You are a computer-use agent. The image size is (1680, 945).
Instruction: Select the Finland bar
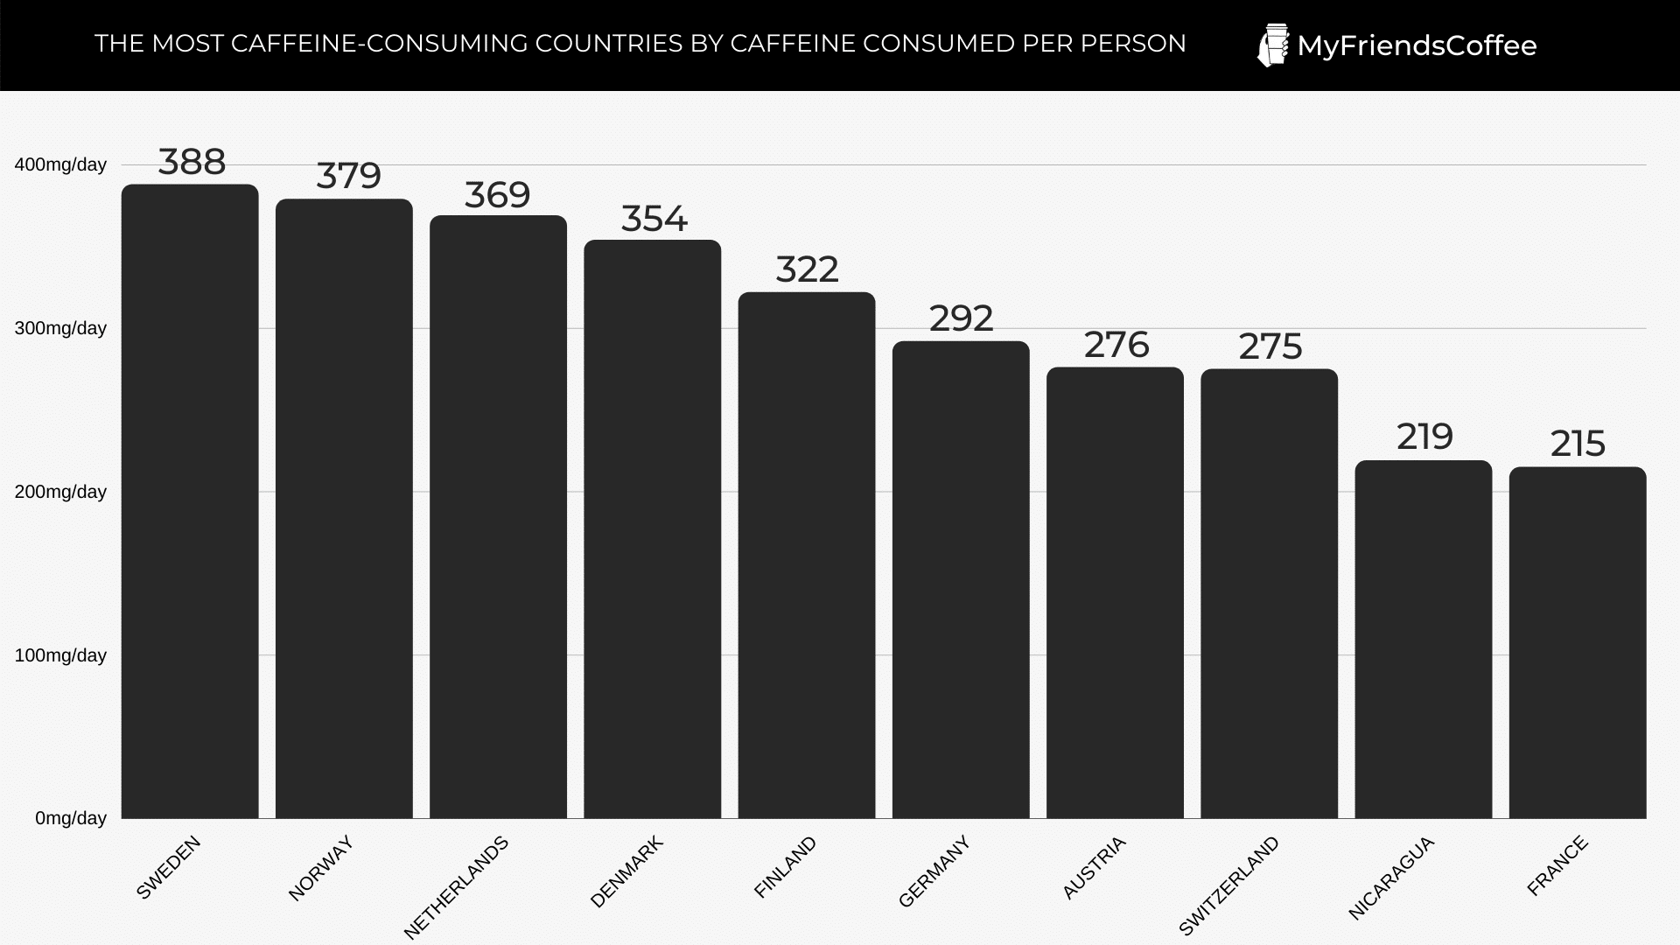pos(807,555)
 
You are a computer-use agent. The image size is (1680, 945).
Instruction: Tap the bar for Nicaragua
pos(1424,639)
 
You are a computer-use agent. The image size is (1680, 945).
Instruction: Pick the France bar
pos(1578,642)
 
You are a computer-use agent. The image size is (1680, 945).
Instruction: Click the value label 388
pos(192,162)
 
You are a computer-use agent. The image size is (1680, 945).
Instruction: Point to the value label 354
pos(654,219)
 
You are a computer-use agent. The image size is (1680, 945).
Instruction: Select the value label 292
pos(961,318)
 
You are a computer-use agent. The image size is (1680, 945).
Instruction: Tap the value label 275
pos(1270,346)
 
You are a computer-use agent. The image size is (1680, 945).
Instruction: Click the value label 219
pos(1424,437)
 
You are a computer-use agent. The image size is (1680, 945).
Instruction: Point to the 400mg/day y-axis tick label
pos(60,164)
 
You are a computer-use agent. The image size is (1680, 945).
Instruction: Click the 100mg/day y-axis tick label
pos(60,655)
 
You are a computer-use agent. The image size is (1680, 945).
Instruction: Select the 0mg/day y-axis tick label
pos(71,818)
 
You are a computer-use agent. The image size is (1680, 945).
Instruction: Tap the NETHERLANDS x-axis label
pos(456,887)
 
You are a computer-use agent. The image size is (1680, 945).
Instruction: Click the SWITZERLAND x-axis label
pos(1228,885)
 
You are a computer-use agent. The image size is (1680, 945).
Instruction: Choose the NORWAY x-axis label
pos(320,868)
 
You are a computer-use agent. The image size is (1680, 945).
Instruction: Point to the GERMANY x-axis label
pos(934,871)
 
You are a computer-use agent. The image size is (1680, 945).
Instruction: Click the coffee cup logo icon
pos(1273,45)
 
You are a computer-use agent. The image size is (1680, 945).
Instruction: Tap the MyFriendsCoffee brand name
pos(1417,45)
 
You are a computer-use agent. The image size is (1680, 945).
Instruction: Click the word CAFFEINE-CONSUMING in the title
pos(380,44)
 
